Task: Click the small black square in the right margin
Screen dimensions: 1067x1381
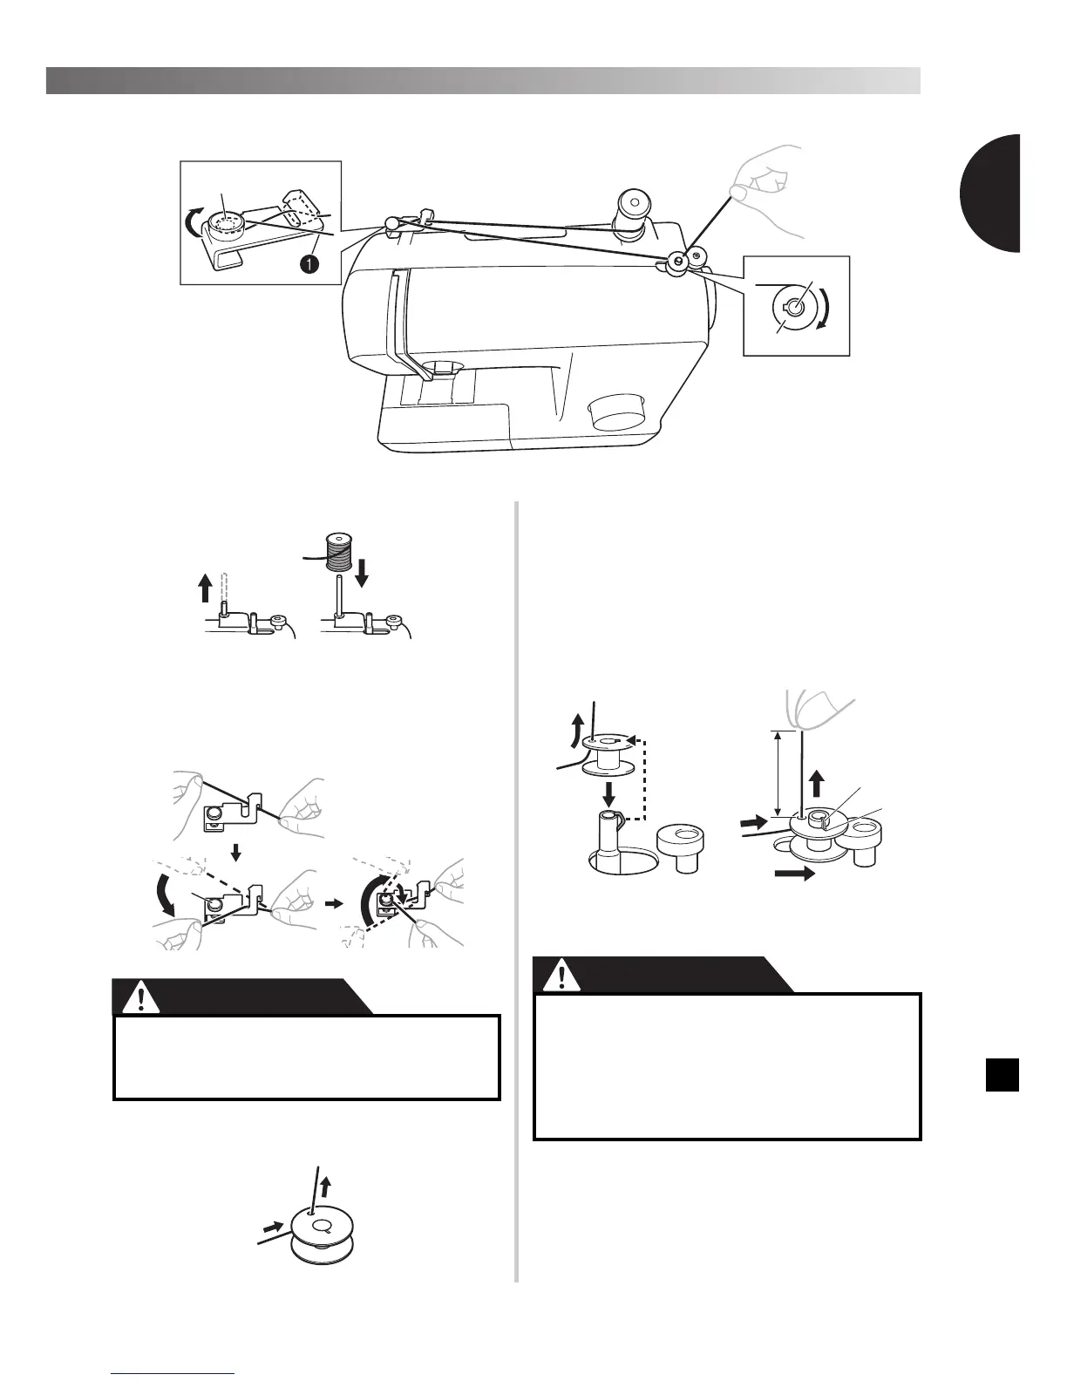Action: point(1002,1074)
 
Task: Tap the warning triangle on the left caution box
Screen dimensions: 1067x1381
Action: point(134,998)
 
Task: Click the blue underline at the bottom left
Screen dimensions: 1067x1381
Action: point(174,1373)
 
